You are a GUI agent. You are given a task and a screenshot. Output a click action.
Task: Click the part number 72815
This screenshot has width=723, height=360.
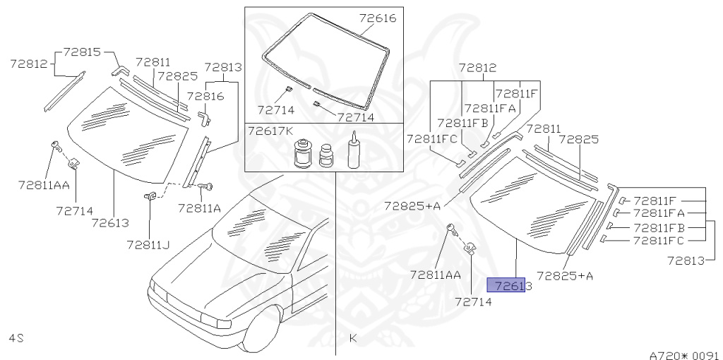click(x=82, y=52)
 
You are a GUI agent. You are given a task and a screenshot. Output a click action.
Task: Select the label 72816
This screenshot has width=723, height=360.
click(x=205, y=96)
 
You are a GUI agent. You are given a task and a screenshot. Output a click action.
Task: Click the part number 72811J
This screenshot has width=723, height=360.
click(x=148, y=245)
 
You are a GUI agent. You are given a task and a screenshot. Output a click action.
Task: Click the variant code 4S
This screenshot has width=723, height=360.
click(x=16, y=338)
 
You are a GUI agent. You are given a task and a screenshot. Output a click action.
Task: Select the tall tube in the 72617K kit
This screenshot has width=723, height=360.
click(x=354, y=151)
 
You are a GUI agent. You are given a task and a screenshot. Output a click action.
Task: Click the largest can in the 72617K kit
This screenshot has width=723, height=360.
click(x=303, y=153)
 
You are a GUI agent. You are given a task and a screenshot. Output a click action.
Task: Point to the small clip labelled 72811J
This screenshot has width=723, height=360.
click(x=150, y=196)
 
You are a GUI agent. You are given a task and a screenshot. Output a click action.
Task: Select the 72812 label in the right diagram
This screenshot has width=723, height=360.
click(x=477, y=68)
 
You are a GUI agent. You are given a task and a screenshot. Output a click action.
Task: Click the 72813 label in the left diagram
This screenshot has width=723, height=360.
click(x=223, y=68)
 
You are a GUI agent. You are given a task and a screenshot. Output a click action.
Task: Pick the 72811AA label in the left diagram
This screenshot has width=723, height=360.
click(x=44, y=186)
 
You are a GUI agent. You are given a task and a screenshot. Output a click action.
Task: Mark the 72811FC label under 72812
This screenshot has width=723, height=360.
click(x=430, y=139)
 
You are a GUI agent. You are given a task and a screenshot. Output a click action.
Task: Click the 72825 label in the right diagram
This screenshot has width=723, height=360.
click(x=578, y=139)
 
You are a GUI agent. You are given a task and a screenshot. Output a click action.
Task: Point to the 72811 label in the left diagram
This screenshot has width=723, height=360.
click(x=153, y=62)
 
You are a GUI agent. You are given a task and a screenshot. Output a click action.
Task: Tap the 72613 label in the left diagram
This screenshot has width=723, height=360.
click(x=110, y=222)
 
